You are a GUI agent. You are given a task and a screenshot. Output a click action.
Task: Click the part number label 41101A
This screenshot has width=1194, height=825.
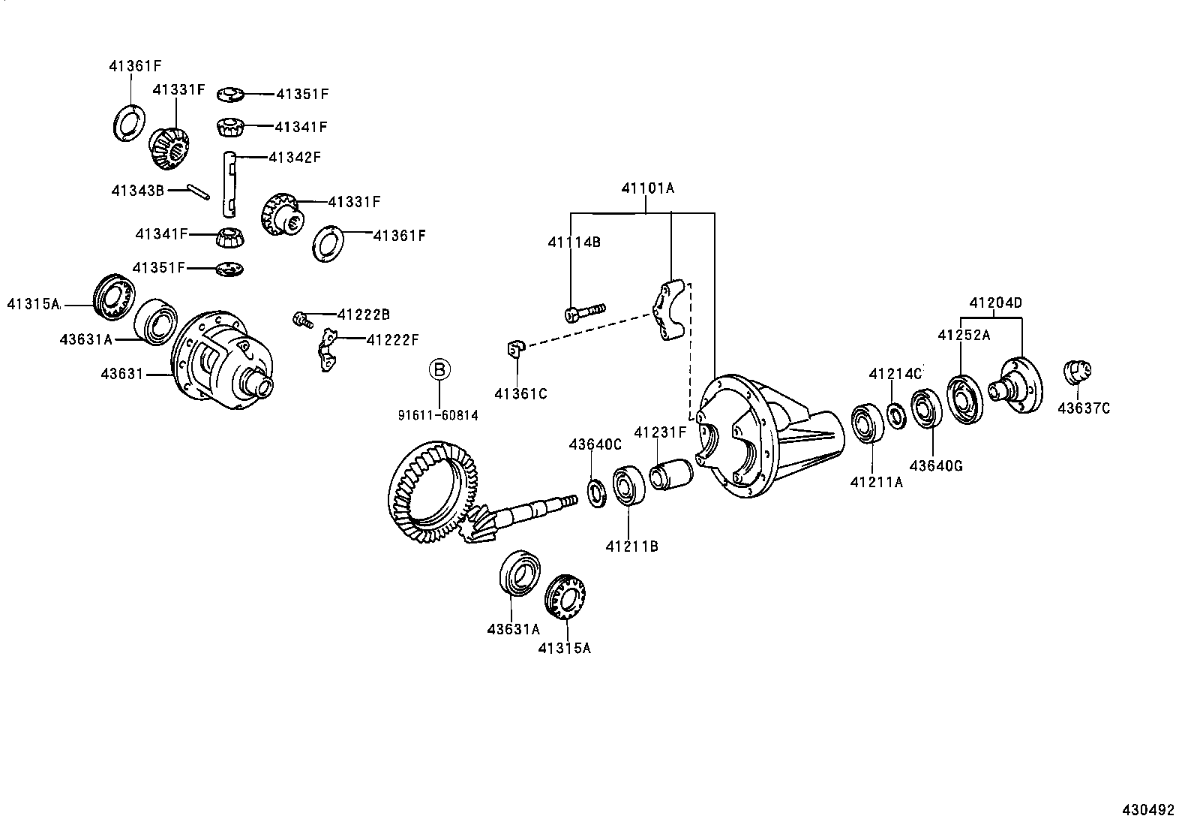[647, 188]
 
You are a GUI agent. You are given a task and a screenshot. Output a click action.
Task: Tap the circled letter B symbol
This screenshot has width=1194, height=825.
[439, 369]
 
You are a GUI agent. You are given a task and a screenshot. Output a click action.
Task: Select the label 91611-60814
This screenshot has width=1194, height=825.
[438, 414]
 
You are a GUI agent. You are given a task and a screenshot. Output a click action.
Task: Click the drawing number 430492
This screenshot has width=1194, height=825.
[1147, 810]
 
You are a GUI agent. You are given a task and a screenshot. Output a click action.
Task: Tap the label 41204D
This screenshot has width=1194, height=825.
[995, 303]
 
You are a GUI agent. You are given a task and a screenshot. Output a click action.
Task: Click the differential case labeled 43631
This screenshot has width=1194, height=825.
[221, 362]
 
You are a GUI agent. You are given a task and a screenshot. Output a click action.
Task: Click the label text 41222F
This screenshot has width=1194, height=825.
[392, 340]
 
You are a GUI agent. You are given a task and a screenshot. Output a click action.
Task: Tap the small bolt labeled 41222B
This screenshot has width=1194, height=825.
[302, 320]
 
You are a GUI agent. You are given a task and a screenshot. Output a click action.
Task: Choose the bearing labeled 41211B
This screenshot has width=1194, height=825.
[629, 488]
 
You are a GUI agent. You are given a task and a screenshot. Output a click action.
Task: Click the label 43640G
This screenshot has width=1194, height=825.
[935, 465]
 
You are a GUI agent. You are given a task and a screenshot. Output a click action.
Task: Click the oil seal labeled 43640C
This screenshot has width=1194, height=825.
[597, 492]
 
